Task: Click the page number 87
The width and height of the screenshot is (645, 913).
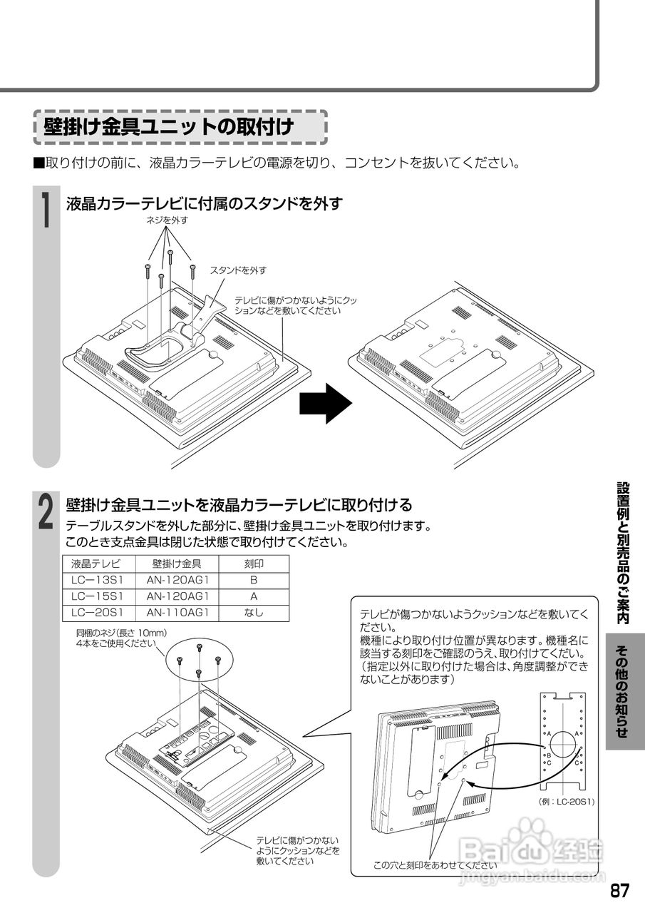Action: click(x=619, y=892)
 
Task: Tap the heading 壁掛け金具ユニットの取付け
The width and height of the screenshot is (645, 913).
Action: click(x=169, y=128)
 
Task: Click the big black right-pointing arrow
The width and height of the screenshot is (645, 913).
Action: click(x=325, y=403)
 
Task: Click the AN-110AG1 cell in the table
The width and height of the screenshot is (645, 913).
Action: click(x=177, y=612)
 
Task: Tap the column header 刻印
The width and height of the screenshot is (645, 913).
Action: click(x=254, y=563)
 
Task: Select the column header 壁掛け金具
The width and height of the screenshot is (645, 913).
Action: click(x=177, y=563)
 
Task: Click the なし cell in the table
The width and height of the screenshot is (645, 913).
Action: click(x=254, y=612)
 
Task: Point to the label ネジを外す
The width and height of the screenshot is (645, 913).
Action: click(x=167, y=220)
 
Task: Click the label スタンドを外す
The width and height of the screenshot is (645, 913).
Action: click(x=237, y=270)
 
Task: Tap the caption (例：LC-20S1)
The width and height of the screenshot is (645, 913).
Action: click(x=567, y=802)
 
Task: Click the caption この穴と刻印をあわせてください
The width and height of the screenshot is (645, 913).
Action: click(x=435, y=864)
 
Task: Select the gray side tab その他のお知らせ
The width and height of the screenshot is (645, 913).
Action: click(x=621, y=691)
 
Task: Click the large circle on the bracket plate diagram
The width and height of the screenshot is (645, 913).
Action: click(x=563, y=743)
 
